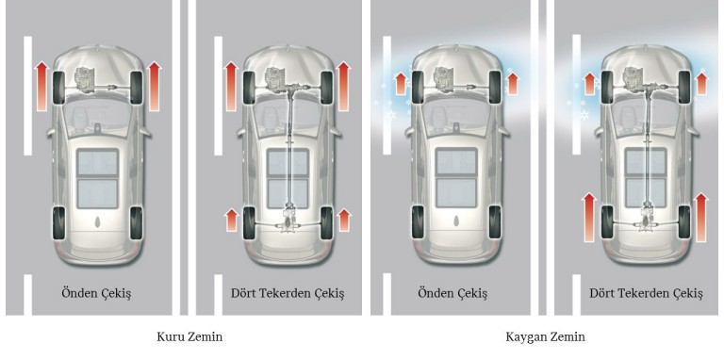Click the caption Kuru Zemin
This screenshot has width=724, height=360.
[x=189, y=336]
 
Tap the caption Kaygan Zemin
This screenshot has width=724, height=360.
[x=545, y=336]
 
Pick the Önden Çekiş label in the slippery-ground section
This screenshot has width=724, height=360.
[x=452, y=293]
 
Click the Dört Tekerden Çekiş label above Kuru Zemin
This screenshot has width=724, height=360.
[x=288, y=293]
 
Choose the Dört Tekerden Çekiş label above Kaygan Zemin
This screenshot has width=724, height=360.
[x=646, y=293]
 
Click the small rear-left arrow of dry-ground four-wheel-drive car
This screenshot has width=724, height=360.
[x=229, y=221]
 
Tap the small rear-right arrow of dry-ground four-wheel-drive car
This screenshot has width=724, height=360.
[x=344, y=221]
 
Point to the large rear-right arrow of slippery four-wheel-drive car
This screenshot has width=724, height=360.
[x=700, y=211]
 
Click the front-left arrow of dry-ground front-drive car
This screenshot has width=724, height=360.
[x=41, y=84]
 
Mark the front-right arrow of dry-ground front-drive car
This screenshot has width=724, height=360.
[x=156, y=84]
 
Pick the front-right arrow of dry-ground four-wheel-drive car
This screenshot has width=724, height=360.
[x=344, y=84]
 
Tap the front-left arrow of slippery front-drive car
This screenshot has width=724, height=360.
[x=399, y=82]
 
